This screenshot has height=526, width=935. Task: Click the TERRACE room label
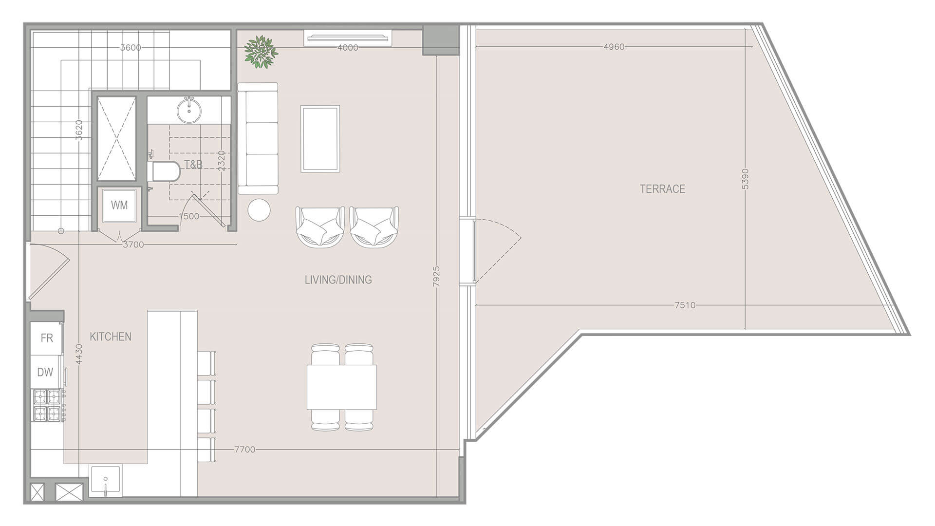tap(662, 189)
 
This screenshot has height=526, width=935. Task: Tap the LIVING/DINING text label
tap(338, 280)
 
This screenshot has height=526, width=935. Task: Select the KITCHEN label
tap(111, 337)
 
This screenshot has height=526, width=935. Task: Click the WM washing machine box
tap(119, 205)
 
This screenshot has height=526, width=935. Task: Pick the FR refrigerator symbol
tap(47, 338)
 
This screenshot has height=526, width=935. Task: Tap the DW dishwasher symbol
tap(45, 372)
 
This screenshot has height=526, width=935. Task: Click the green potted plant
tap(261, 51)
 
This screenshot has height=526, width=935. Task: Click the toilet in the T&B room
tap(165, 171)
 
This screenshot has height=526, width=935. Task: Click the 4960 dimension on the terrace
tap(614, 47)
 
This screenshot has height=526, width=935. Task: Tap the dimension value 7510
tap(685, 305)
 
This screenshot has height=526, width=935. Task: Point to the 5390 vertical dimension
tap(745, 179)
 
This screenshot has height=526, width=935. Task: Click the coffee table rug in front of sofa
tap(320, 139)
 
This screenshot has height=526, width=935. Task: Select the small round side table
tap(259, 210)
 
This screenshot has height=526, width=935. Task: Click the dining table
tap(342, 387)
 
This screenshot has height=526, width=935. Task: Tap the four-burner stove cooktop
tap(47, 405)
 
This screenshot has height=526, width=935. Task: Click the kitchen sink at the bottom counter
tap(105, 481)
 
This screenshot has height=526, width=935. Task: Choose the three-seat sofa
tap(258, 139)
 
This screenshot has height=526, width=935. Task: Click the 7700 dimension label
tap(244, 450)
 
